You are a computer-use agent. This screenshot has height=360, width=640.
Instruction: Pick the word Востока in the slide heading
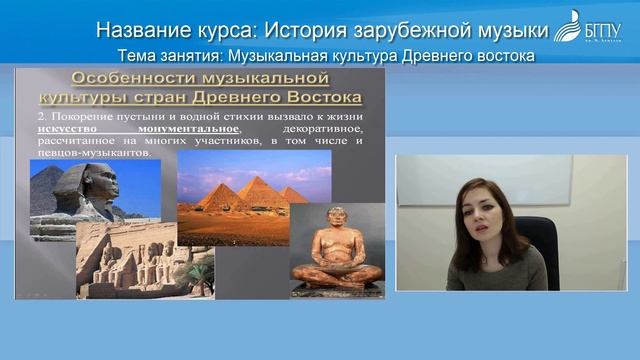coord(315,98)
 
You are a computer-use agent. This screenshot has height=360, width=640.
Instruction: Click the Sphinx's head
coord(72,183)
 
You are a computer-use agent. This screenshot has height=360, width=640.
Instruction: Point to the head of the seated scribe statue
coord(337,219)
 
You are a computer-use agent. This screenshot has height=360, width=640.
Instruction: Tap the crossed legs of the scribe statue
coord(337,271)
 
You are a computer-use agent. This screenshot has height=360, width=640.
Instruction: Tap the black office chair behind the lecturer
coord(540,240)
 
